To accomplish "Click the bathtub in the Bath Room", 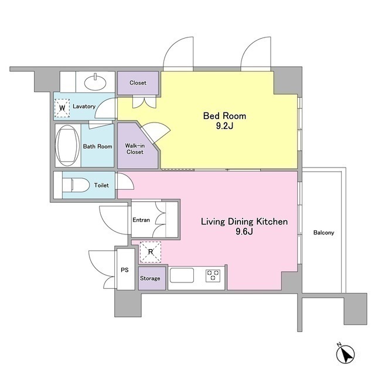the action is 67,145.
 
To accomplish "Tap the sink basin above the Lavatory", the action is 95,83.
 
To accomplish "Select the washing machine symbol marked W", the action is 62,108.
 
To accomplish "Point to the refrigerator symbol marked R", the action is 151,252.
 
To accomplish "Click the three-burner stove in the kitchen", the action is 213,275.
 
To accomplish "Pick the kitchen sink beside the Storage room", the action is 182,275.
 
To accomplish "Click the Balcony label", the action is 323,233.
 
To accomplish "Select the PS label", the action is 125,270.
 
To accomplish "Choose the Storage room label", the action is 150,278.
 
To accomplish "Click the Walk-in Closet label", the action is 135,149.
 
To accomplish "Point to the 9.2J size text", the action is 224,126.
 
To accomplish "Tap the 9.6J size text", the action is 244,231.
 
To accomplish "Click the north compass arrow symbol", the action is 345,354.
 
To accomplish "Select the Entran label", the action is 141,220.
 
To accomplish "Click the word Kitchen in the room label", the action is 272,221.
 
